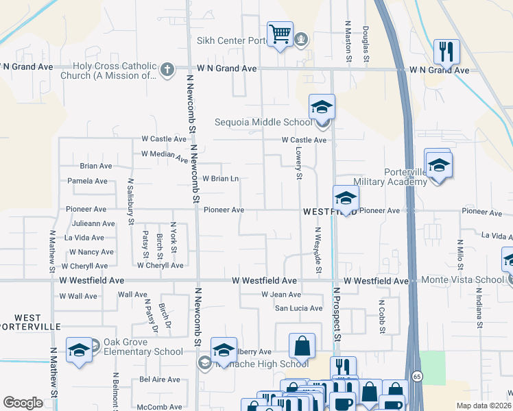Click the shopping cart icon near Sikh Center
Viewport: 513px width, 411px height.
(x=280, y=34)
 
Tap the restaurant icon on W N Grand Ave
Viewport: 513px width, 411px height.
(x=446, y=51)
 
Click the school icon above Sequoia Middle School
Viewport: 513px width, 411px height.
(x=321, y=108)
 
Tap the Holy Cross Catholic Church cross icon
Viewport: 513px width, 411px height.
(x=167, y=69)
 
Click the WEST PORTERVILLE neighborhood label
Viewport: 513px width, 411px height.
(x=27, y=323)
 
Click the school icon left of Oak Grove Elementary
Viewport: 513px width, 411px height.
(x=79, y=350)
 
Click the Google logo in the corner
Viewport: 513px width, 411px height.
(x=23, y=403)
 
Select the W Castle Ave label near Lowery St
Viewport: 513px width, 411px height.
(x=304, y=140)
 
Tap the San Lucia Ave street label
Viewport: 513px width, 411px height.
(x=298, y=308)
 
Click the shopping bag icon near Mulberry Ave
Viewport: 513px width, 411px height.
(x=302, y=347)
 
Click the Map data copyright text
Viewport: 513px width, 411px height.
(x=484, y=406)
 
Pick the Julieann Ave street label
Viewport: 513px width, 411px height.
(x=93, y=223)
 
